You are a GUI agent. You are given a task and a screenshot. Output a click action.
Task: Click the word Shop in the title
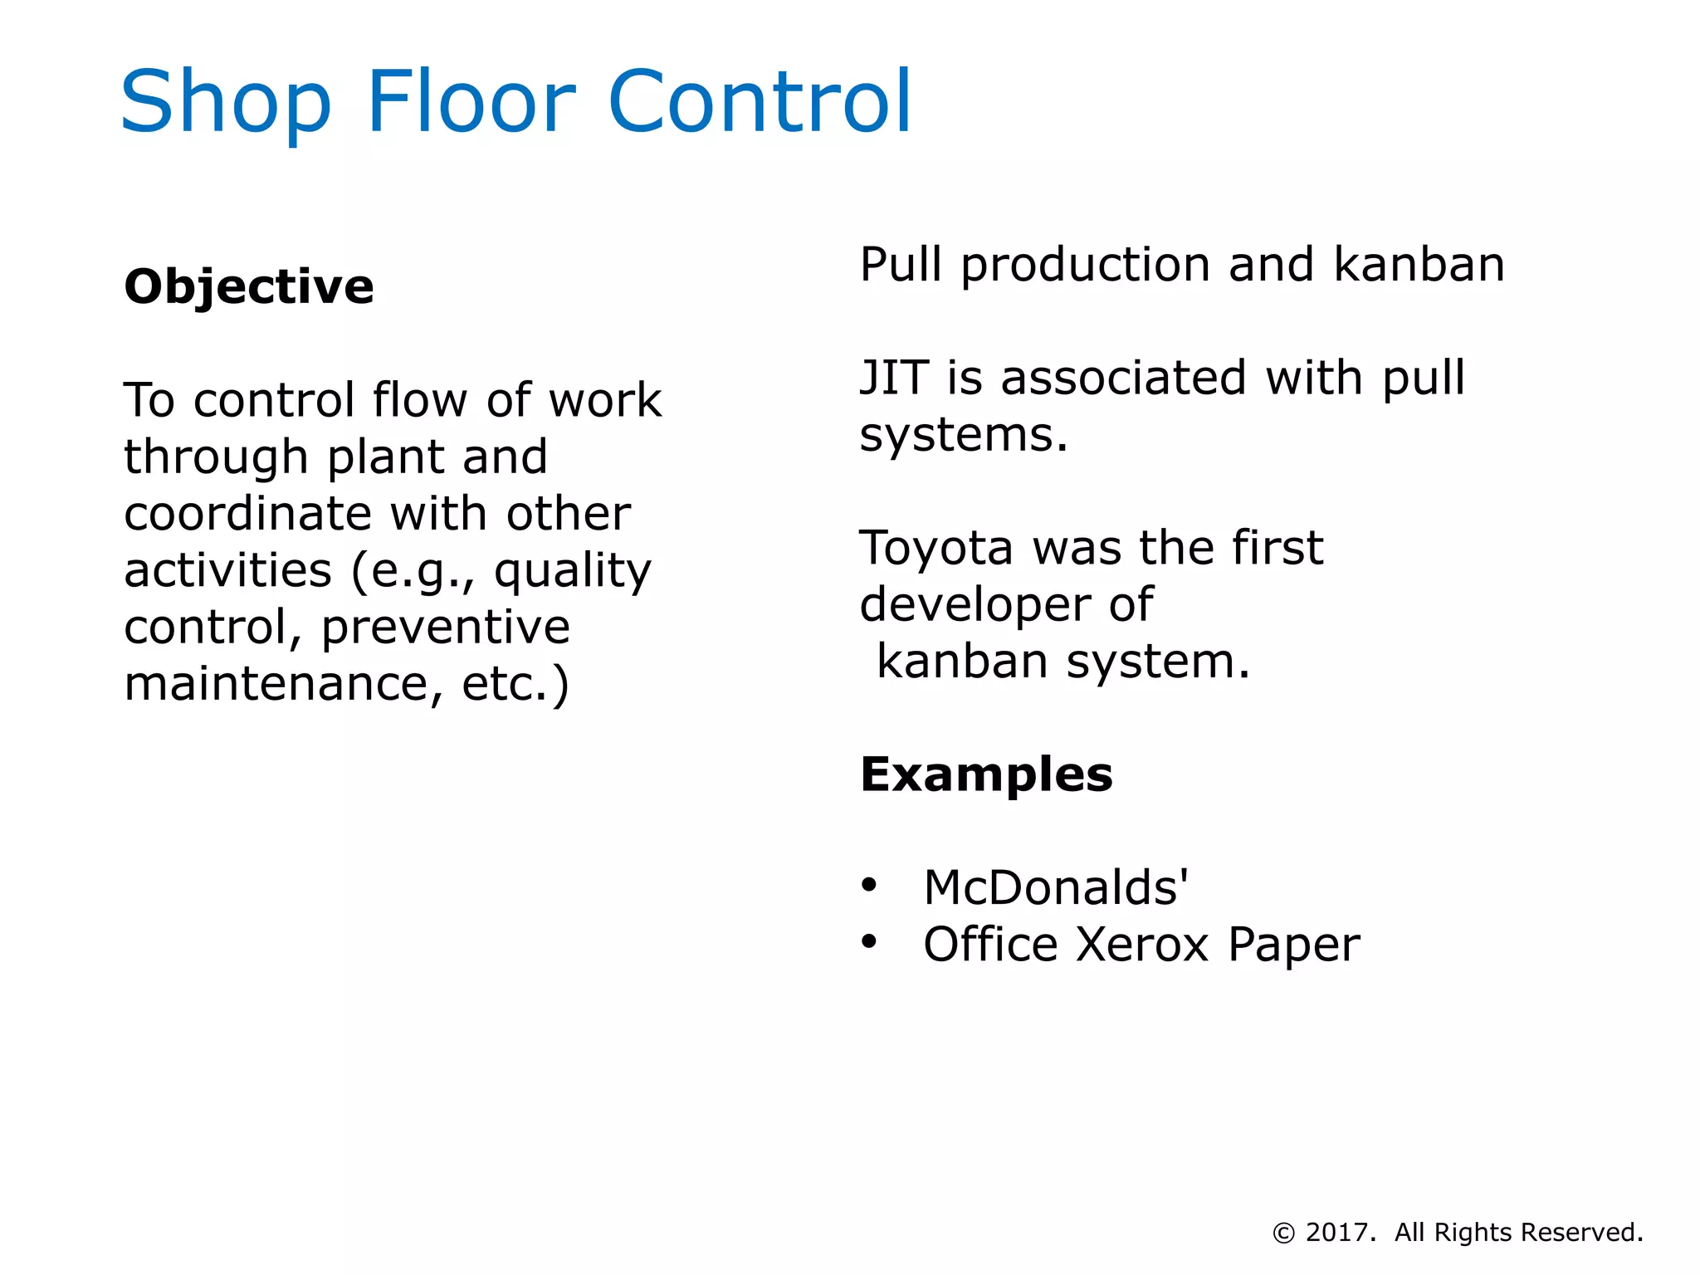point(226,102)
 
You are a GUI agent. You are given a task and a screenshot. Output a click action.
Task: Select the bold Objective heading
point(249,287)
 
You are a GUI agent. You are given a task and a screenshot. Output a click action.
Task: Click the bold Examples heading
point(986,774)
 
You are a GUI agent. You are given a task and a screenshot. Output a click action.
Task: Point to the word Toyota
point(936,549)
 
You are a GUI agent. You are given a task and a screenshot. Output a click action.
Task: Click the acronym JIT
point(892,378)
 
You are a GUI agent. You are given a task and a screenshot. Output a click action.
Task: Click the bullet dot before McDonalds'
point(868,885)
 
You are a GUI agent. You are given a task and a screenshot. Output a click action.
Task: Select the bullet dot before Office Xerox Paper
point(868,941)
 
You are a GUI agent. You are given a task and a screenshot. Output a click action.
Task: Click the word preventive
point(446,627)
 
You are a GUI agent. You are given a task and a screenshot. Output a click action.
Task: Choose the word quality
point(573,571)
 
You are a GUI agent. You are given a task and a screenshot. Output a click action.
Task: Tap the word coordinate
point(247,514)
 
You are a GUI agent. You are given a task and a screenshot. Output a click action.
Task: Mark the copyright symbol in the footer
point(1283,1233)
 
